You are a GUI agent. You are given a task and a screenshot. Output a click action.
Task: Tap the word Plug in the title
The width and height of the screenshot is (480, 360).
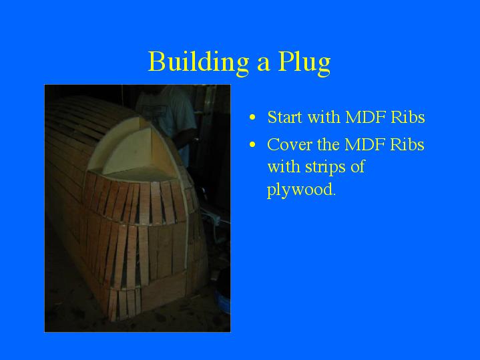point(304,63)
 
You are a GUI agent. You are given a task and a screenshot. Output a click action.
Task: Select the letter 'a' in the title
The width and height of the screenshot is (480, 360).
point(263,65)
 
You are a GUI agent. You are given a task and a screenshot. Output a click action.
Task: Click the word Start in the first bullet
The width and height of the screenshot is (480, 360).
point(284,117)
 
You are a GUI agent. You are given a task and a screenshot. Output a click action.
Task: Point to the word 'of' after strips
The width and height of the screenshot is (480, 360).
point(358,167)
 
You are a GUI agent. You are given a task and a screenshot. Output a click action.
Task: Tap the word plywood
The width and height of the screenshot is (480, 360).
point(301,190)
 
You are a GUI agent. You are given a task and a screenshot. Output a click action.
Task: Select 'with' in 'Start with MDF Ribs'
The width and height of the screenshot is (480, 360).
point(324,117)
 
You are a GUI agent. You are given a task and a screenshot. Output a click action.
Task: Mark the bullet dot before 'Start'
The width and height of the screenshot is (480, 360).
point(252,118)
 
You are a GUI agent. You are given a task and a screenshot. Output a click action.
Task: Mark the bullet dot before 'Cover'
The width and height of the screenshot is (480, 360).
point(252,145)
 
